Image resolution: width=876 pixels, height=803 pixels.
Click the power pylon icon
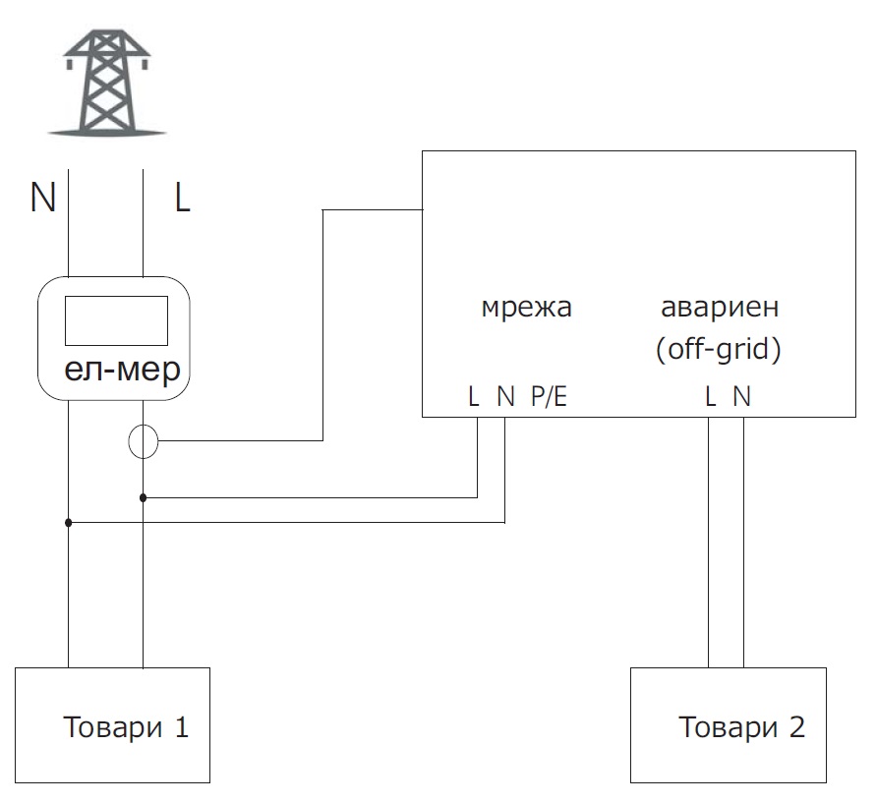coord(107,83)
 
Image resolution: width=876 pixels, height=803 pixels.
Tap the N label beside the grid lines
coord(43,198)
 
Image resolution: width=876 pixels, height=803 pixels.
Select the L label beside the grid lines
coord(182,198)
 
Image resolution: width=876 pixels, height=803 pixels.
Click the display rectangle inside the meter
coord(116,320)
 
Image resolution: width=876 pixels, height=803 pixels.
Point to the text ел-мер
coord(122,371)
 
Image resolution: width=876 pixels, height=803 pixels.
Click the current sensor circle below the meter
coord(143,441)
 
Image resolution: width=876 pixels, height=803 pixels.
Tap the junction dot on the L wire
coord(143,497)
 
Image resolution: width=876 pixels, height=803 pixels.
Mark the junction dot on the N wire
coord(68,523)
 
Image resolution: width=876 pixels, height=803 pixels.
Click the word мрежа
coord(527,308)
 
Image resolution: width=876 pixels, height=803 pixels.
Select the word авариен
coord(720,308)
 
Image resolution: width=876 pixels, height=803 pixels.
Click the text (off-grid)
coord(719,350)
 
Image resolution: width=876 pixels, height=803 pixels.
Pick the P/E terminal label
coord(549,396)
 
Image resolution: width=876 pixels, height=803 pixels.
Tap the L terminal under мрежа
coord(474,396)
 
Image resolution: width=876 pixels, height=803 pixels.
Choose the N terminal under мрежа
coord(505,396)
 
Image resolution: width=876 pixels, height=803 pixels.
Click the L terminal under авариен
coord(711,396)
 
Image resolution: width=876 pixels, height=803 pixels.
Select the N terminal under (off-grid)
coord(742,396)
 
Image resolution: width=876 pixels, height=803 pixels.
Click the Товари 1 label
coord(126,727)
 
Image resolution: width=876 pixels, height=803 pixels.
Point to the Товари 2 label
coord(741,727)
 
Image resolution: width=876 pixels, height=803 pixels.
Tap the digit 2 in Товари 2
coord(797,727)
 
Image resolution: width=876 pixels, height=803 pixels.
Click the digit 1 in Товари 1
coord(182,727)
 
